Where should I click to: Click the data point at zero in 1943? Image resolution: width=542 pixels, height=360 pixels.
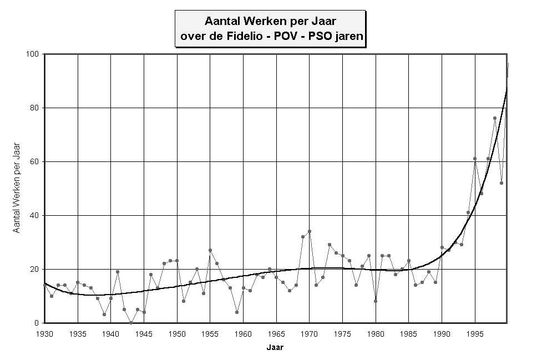tap(131, 323)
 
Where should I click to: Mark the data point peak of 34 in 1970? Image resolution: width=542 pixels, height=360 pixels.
tap(310, 231)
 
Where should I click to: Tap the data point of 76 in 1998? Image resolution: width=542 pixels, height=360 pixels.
tap(495, 118)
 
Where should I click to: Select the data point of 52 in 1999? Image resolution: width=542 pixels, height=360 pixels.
tap(502, 183)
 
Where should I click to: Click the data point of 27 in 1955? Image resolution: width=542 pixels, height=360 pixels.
tap(210, 250)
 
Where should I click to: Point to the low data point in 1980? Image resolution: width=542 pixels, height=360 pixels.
tap(376, 301)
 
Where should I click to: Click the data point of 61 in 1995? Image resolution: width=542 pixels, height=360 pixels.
tap(475, 159)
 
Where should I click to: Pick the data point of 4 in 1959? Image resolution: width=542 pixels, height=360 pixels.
tap(237, 312)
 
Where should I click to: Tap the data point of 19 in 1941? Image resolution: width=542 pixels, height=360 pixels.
tap(118, 272)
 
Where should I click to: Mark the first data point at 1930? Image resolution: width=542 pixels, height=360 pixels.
tap(45, 285)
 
